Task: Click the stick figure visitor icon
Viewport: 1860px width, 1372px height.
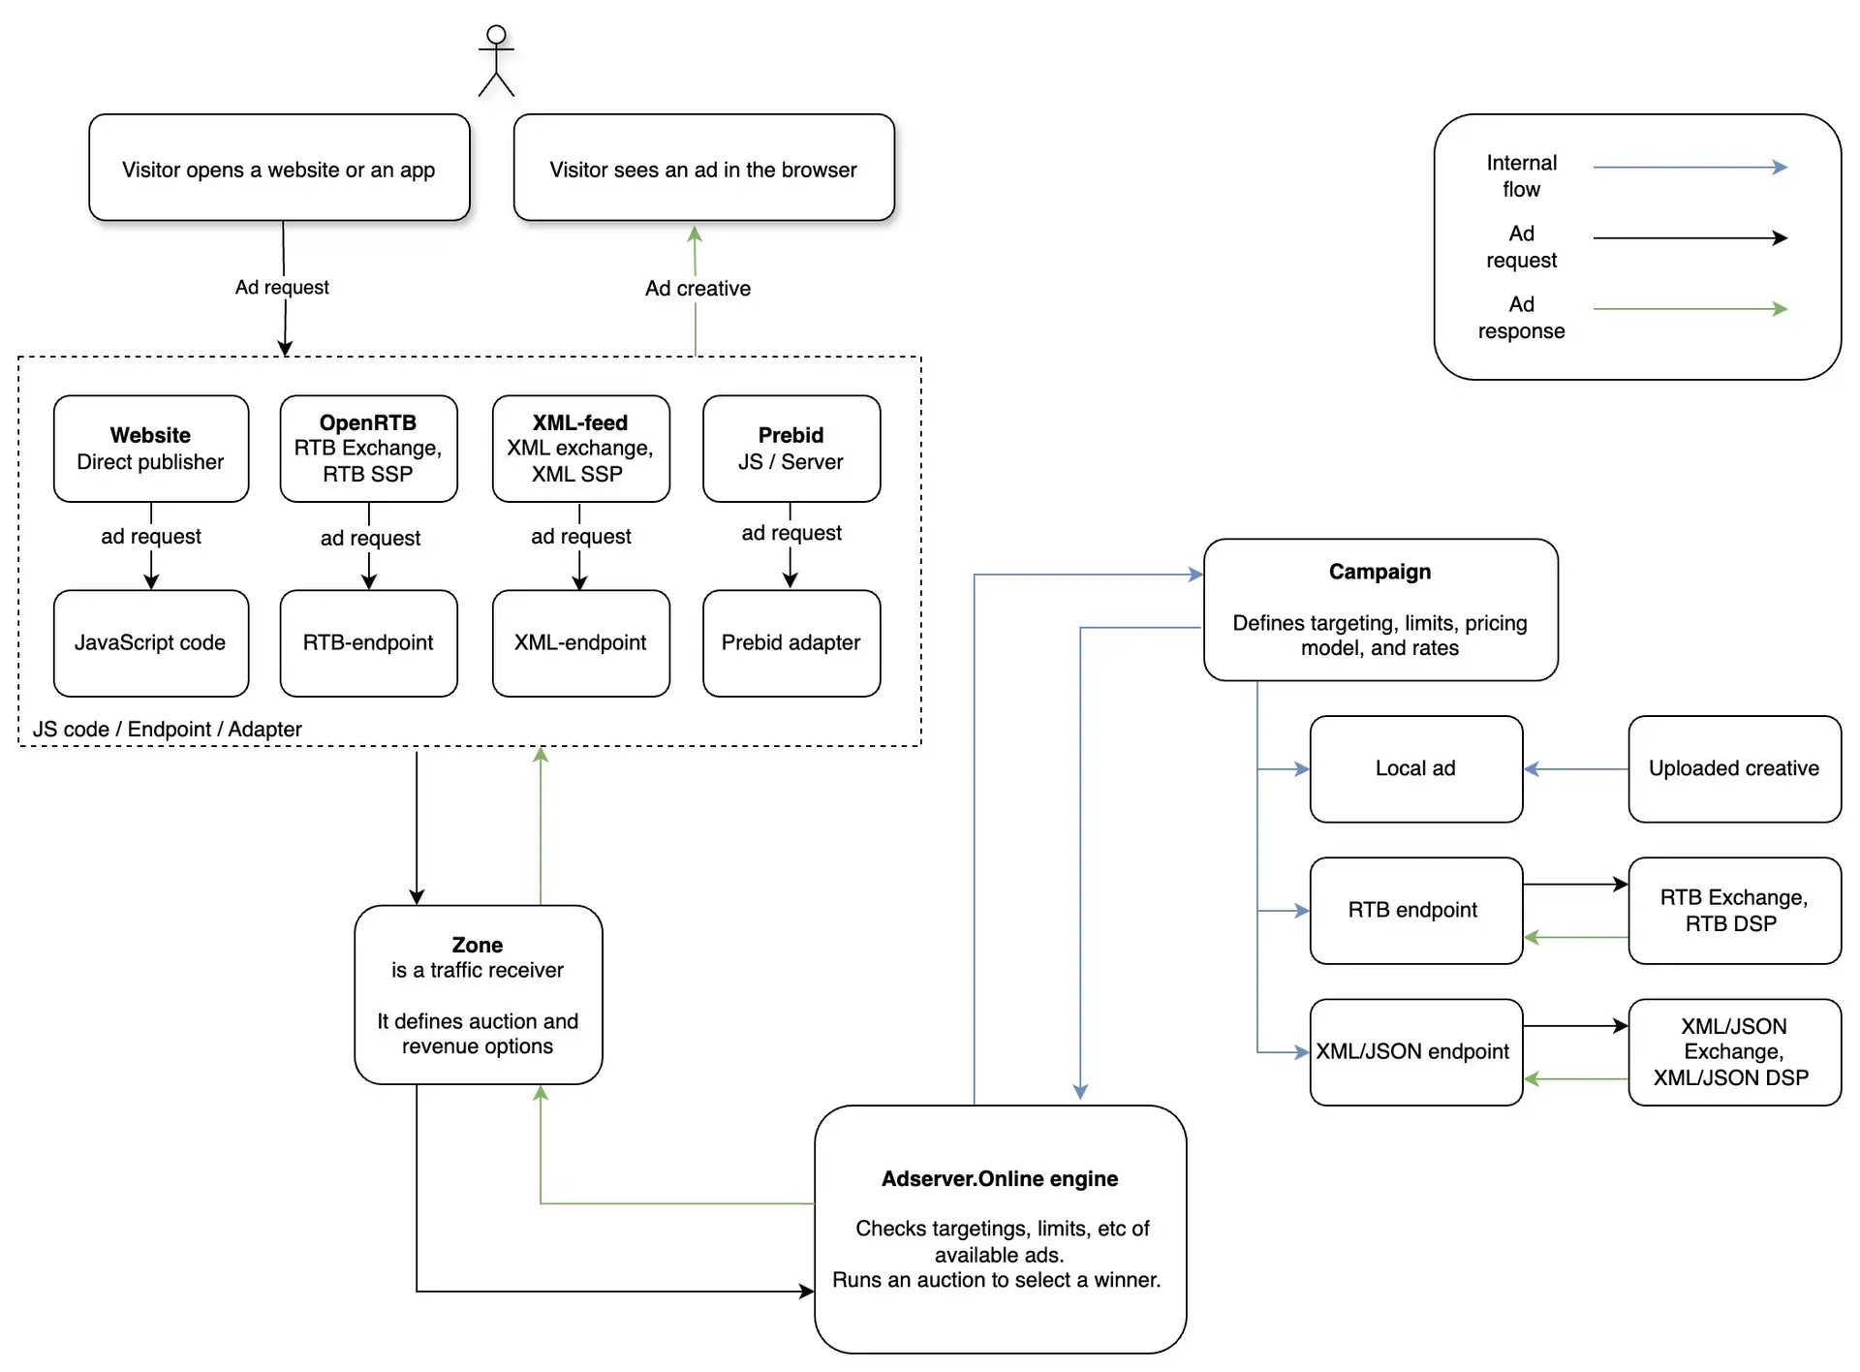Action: pyautogui.click(x=496, y=60)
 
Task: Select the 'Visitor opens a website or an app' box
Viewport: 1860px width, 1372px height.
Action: pyautogui.click(x=279, y=168)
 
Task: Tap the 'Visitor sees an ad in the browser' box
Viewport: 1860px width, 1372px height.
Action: pyautogui.click(x=703, y=168)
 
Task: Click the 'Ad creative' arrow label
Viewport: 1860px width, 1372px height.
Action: pyautogui.click(x=697, y=289)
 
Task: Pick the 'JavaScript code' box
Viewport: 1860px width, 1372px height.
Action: pyautogui.click(x=151, y=643)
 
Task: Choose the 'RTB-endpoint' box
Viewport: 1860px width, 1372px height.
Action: pyautogui.click(x=368, y=643)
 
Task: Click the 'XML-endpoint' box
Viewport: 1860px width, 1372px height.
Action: pyautogui.click(x=580, y=643)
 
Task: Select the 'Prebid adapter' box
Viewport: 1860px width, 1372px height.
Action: pyautogui.click(x=791, y=643)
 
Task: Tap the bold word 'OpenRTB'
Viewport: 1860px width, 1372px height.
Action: pyautogui.click(x=368, y=422)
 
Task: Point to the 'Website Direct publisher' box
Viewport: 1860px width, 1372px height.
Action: pyautogui.click(x=151, y=449)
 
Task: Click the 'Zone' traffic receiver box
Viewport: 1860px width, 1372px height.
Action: pyautogui.click(x=479, y=995)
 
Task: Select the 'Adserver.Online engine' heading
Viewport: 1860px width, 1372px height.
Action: pyautogui.click(x=1000, y=1179)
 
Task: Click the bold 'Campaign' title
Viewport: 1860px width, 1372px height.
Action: pyautogui.click(x=1379, y=572)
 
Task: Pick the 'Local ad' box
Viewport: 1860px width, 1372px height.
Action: pyautogui.click(x=1416, y=769)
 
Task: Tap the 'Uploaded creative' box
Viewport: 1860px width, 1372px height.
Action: pyautogui.click(x=1735, y=769)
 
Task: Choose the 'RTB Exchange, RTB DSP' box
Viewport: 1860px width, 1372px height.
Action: pyautogui.click(x=1735, y=911)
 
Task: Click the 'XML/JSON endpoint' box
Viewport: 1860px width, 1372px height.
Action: pyautogui.click(x=1416, y=1052)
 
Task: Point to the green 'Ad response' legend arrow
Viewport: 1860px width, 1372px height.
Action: pyautogui.click(x=1690, y=309)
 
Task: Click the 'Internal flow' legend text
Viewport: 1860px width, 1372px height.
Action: pyautogui.click(x=1522, y=176)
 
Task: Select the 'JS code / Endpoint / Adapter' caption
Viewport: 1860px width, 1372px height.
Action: pyautogui.click(x=168, y=730)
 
